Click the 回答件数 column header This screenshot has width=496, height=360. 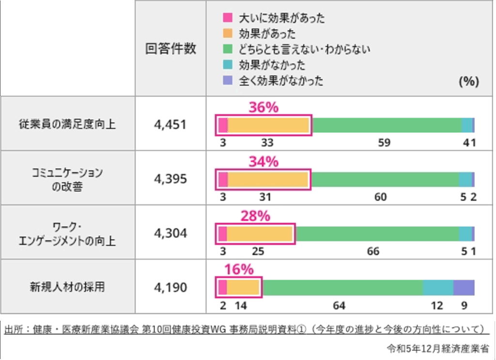pos(170,48)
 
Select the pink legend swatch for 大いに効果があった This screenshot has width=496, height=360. pos(228,19)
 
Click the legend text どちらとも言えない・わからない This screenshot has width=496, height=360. pos(305,49)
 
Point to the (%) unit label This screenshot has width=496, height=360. pos(468,81)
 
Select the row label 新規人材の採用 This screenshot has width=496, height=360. pos(67,287)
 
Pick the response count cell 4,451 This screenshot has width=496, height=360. pos(170,125)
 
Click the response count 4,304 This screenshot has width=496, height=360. pos(170,234)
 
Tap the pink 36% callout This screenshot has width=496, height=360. pos(263,108)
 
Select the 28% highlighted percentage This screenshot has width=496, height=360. pos(255,216)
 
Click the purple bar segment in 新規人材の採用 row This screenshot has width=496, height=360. pos(464,287)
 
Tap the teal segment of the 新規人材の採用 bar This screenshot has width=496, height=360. pos(438,287)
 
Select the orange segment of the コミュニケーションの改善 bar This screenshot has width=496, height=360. pos(268,180)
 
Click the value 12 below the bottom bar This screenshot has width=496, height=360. pos(437,306)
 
